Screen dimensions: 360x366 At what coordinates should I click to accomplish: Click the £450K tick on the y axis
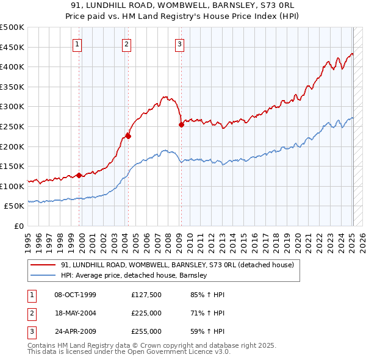12,47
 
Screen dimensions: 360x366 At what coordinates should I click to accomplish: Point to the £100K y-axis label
12,186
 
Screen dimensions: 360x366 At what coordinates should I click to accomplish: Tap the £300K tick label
12,107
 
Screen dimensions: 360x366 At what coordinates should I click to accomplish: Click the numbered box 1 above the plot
78,43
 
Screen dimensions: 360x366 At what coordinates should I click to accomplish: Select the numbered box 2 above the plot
126,43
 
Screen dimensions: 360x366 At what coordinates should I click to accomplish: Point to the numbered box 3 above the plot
180,43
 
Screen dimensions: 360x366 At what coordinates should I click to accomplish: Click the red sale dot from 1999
79,175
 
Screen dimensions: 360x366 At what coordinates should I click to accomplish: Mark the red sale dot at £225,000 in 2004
128,137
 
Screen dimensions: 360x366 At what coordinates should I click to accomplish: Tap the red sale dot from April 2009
181,125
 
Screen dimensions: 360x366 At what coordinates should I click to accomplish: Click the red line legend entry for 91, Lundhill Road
177,265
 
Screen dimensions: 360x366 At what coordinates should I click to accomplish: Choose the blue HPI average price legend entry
134,275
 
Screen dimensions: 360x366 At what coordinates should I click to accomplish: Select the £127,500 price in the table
146,295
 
